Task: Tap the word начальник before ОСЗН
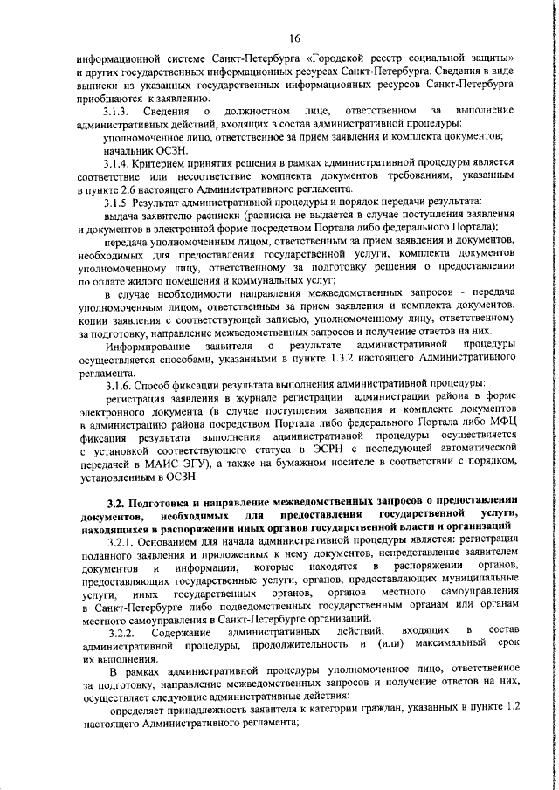[128, 151]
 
